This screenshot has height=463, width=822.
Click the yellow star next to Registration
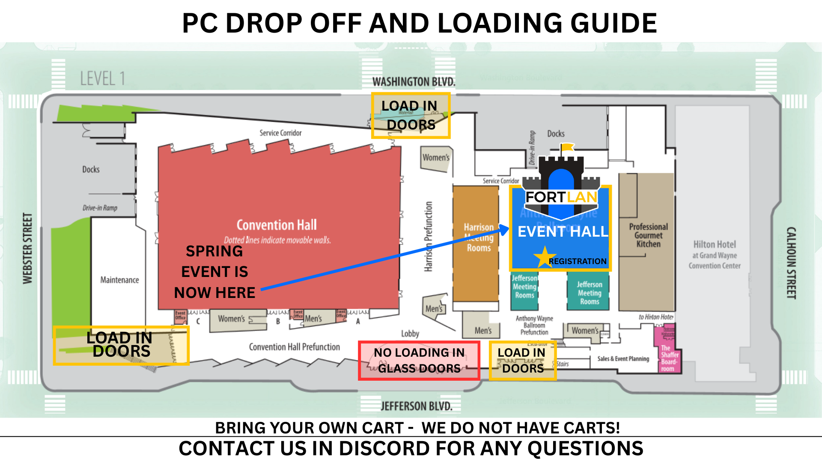click(544, 257)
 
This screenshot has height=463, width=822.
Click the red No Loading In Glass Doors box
click(419, 361)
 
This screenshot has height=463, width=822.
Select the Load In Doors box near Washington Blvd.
click(410, 115)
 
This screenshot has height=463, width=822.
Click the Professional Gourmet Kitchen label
click(648, 235)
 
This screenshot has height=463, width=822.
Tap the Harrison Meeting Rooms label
click(479, 238)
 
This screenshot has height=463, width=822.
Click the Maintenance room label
click(119, 280)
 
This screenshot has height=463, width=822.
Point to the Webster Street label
click(28, 248)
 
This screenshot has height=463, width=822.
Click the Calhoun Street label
click(791, 263)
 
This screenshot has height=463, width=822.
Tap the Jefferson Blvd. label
click(416, 406)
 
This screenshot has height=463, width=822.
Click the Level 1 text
click(103, 79)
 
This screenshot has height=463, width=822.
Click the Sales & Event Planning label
click(623, 359)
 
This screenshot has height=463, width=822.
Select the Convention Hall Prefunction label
click(294, 347)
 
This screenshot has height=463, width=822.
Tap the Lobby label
click(410, 334)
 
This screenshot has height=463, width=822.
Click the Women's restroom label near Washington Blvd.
click(436, 158)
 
